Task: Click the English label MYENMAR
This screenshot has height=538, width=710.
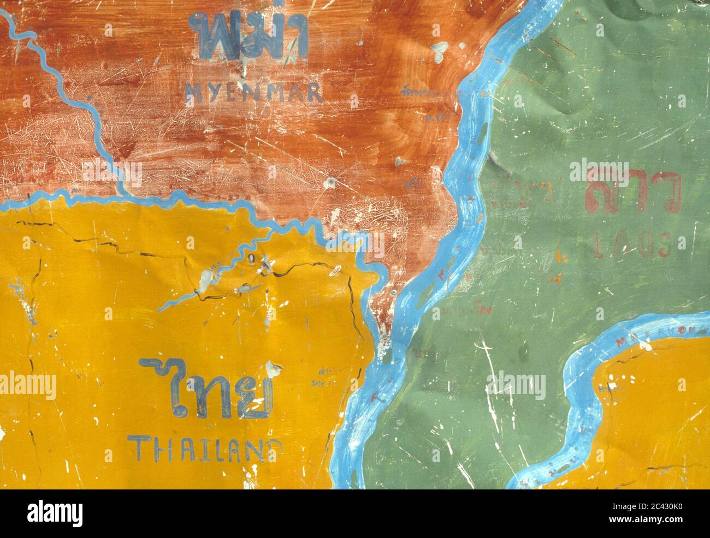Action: tap(254, 93)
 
